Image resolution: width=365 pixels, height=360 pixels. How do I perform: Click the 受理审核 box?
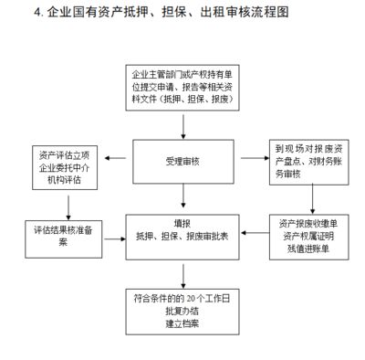click(182, 161)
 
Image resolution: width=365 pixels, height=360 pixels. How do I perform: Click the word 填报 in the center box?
click(182, 222)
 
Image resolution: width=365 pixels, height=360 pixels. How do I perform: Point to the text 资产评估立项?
click(64, 152)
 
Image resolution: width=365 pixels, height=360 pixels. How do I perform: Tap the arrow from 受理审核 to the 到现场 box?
click(253, 161)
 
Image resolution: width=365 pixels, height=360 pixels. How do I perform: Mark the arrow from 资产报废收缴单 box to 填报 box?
click(258, 233)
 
